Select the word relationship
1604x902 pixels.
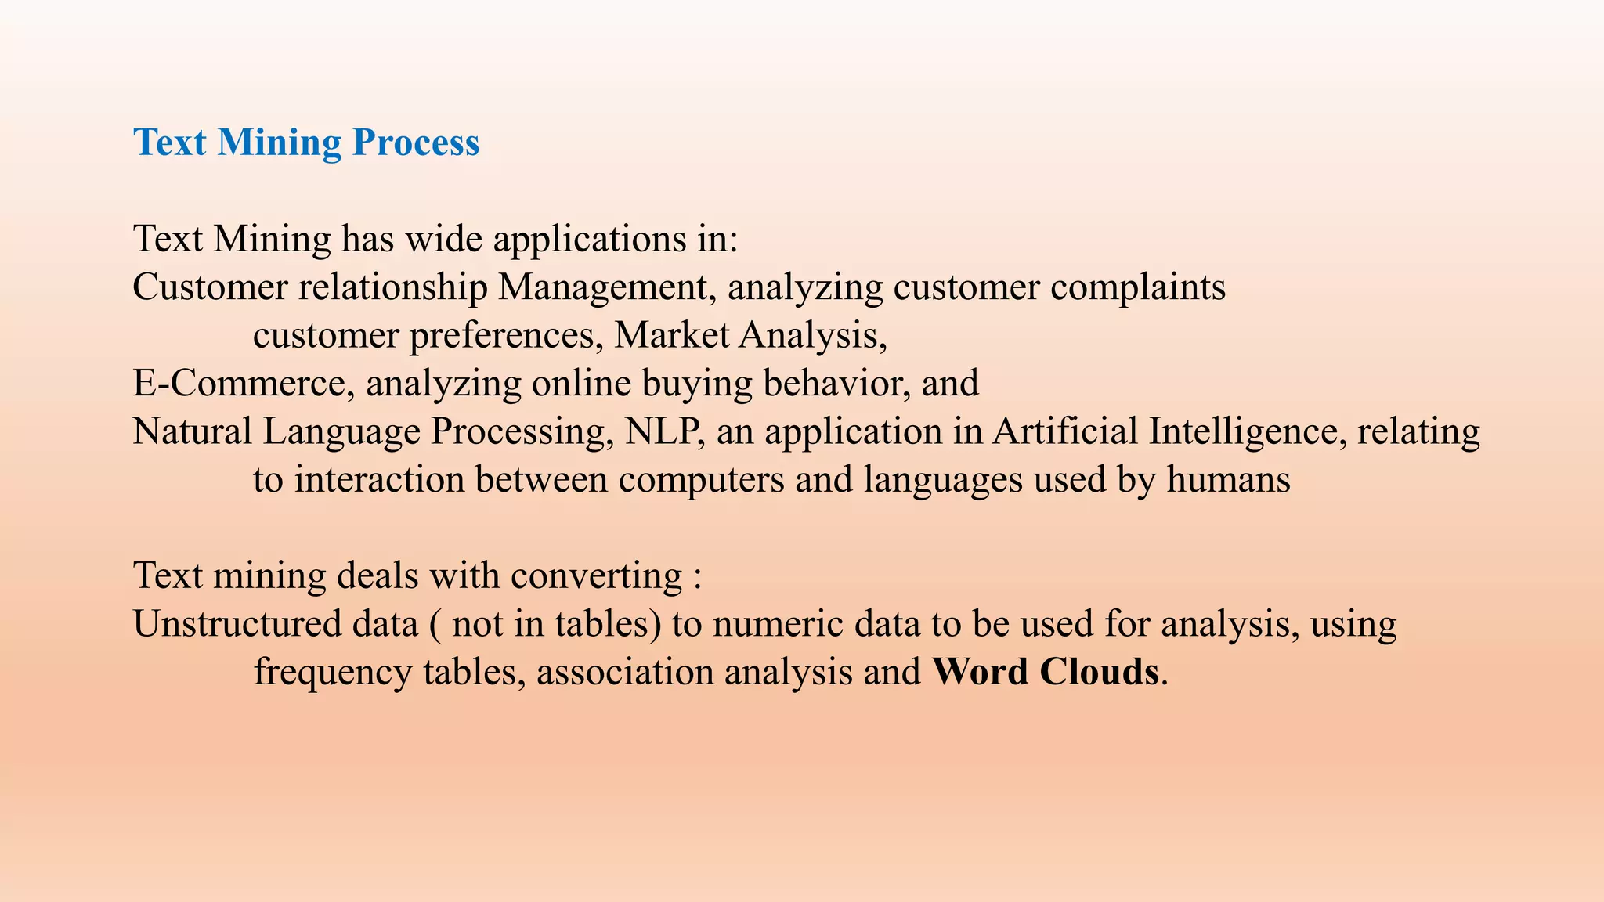point(392,287)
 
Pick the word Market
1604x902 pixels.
point(671,335)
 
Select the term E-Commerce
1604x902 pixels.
point(239,384)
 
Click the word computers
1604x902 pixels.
point(701,480)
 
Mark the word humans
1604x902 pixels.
point(1228,480)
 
